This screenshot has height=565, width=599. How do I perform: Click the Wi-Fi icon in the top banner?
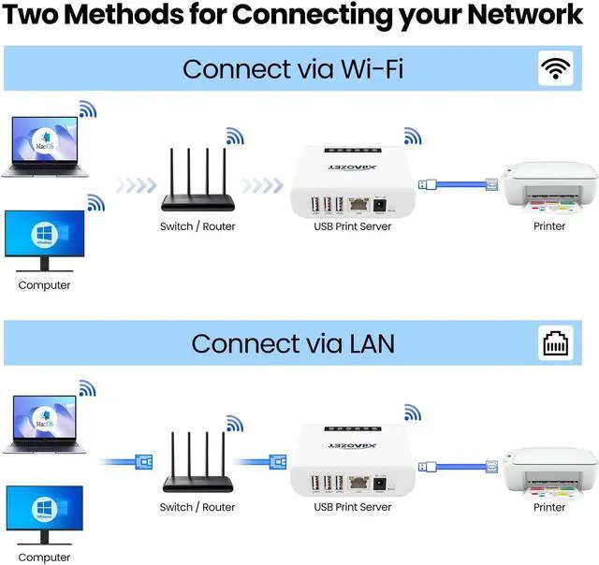pyautogui.click(x=556, y=68)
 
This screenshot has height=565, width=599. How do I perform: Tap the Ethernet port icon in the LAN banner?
pyautogui.click(x=556, y=343)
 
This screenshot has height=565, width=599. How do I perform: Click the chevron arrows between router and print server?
pyautogui.click(x=263, y=184)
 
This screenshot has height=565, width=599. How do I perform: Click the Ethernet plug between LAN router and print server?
pyautogui.click(x=276, y=460)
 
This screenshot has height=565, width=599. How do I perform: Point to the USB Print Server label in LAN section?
pyautogui.click(x=352, y=507)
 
